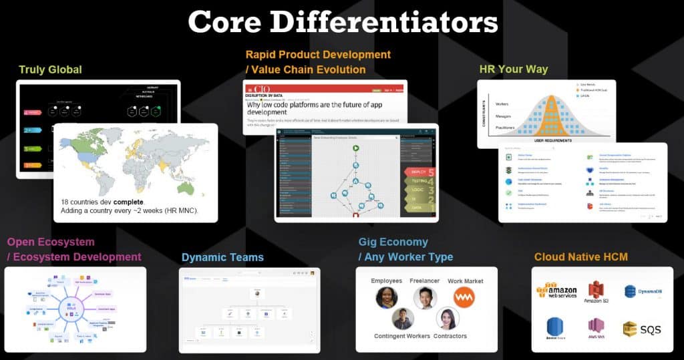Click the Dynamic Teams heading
click(222, 257)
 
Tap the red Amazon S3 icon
click(596, 289)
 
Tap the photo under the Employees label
click(386, 297)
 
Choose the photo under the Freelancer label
click(424, 297)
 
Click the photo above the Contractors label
click(447, 319)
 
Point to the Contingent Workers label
click(403, 336)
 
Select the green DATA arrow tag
click(419, 208)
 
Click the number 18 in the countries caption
click(66, 202)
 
